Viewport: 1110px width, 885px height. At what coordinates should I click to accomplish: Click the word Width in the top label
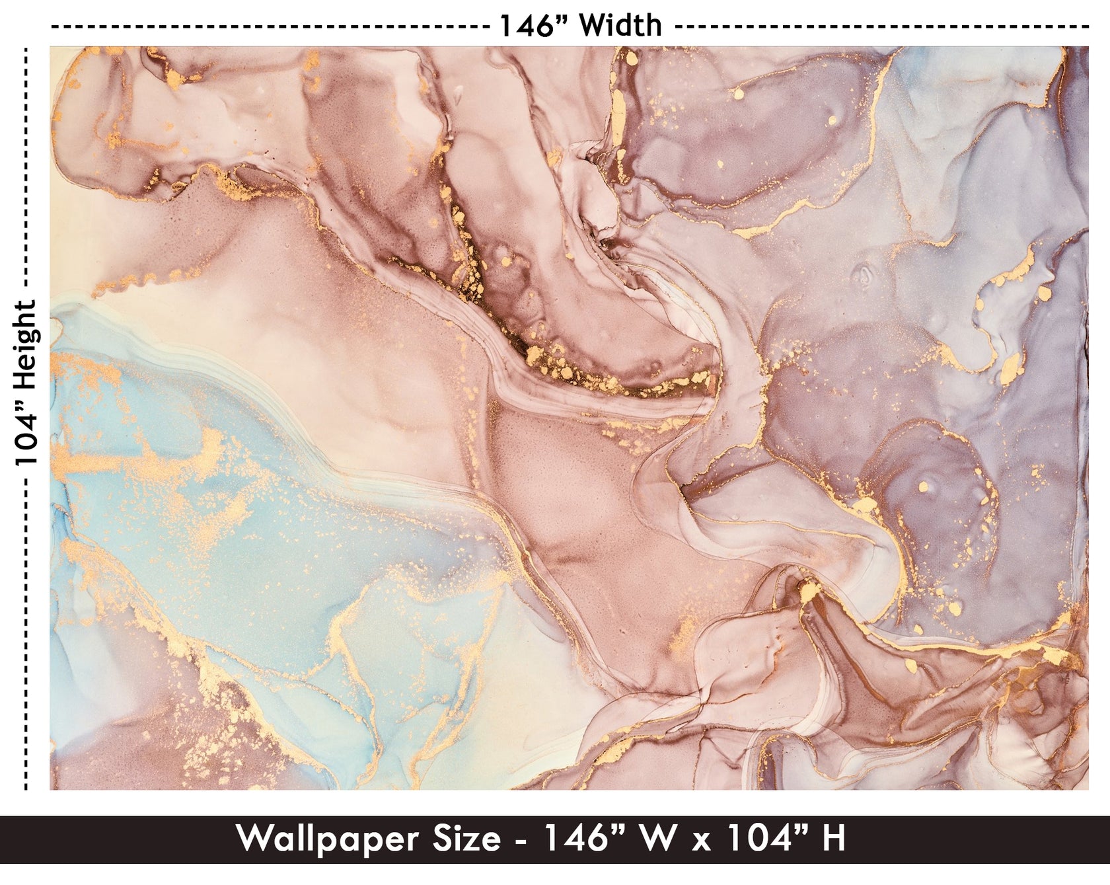click(621, 26)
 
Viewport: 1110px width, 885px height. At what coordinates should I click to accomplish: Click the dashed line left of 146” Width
click(264, 27)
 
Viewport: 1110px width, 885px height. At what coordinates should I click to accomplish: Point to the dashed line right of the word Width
click(879, 27)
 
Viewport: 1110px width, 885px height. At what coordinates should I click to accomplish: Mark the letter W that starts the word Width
click(593, 26)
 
